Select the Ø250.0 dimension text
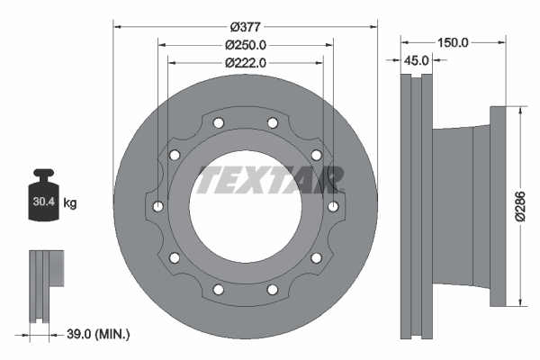(246, 44)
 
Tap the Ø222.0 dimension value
(246, 62)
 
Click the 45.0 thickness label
(417, 60)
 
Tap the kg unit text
(70, 203)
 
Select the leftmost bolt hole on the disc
(158, 207)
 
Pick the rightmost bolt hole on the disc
(332, 207)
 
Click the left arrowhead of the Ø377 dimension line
(118, 25)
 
